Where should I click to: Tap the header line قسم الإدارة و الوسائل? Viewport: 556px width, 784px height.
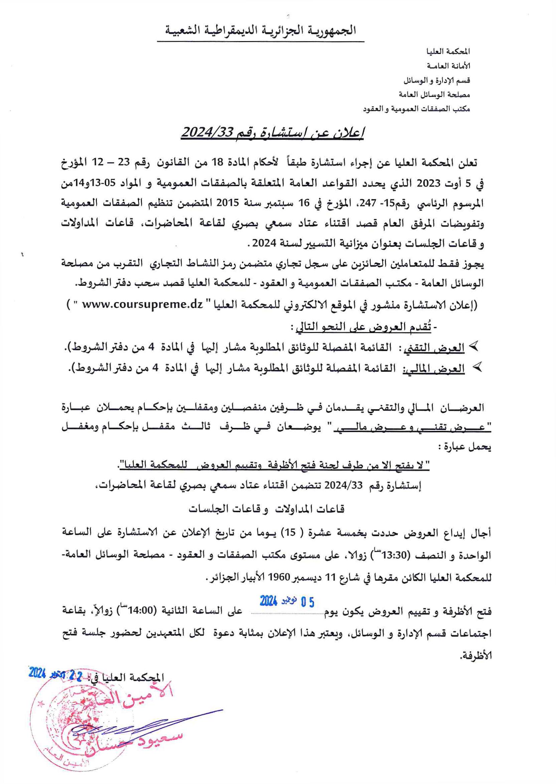click(436, 81)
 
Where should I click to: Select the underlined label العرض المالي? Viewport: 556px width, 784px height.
click(435, 369)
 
